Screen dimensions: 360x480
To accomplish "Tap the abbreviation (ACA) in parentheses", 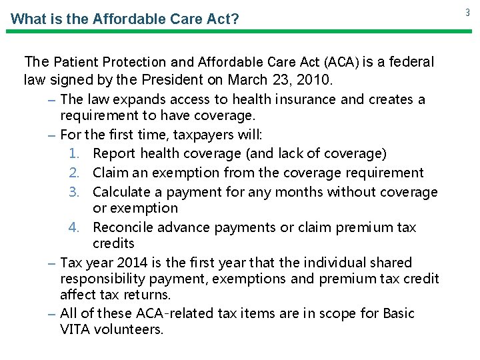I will [341, 63].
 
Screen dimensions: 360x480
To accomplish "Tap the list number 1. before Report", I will [75, 154].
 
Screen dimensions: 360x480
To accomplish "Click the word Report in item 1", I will [114, 154].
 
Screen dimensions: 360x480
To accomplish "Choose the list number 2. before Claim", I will [75, 173].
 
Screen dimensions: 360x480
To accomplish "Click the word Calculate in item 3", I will [121, 192].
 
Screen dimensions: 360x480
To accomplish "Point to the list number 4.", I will [75, 227].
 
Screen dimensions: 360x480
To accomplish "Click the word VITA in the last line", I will [75, 329].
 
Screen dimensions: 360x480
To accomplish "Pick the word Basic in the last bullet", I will [398, 313].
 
